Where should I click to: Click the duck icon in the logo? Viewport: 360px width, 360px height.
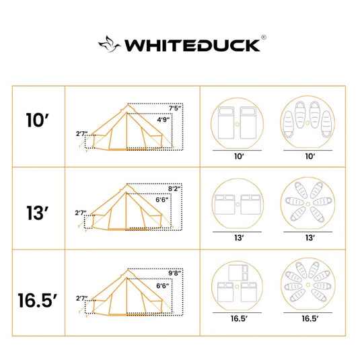pyautogui.click(x=110, y=45)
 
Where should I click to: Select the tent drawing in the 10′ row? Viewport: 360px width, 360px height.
pyautogui.click(x=128, y=128)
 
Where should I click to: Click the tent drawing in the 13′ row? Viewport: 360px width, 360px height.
pyautogui.click(x=128, y=209)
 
